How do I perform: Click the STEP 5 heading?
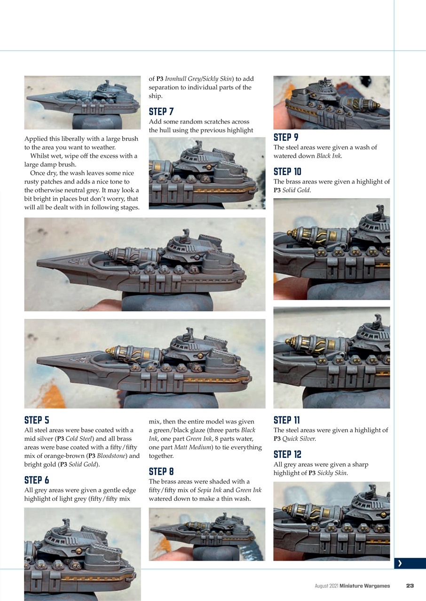click(x=37, y=420)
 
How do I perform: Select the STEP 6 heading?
click(x=37, y=480)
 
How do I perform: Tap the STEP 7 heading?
click(x=161, y=112)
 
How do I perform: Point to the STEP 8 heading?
click(x=161, y=471)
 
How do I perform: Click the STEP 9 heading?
click(x=286, y=137)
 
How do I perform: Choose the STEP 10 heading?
click(x=287, y=171)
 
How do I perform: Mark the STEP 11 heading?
click(x=286, y=420)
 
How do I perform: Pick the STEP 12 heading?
click(x=287, y=455)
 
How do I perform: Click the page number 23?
click(x=410, y=586)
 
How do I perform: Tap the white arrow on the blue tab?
click(x=400, y=564)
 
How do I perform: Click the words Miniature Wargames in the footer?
click(x=364, y=586)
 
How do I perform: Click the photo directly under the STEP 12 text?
click(x=331, y=521)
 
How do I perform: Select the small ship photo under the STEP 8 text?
click(x=207, y=534)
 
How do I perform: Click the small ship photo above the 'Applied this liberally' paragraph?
click(x=82, y=102)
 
